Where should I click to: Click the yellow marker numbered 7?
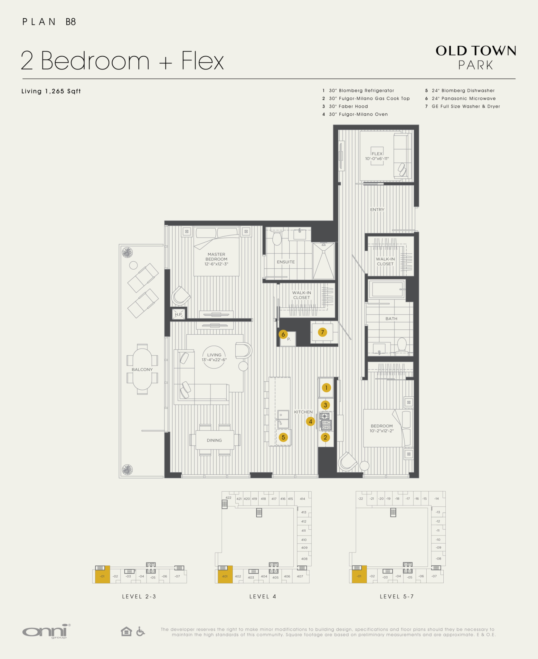click(x=322, y=332)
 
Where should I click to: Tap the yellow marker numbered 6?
click(x=283, y=334)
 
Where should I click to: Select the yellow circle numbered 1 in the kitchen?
click(x=326, y=388)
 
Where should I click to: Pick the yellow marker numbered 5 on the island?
click(x=283, y=437)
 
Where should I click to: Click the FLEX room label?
click(x=377, y=154)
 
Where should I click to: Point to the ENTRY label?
click(x=377, y=209)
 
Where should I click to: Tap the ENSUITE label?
click(x=286, y=262)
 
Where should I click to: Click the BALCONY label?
click(x=142, y=369)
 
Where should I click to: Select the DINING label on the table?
click(x=214, y=440)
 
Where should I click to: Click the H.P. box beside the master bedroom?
click(x=178, y=314)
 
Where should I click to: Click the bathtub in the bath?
click(x=387, y=289)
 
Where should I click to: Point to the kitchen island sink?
click(x=283, y=419)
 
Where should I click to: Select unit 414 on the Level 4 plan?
click(x=302, y=499)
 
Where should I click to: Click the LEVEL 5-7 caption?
click(x=397, y=597)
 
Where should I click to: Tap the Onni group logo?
click(x=46, y=631)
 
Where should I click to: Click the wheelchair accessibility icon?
click(x=140, y=631)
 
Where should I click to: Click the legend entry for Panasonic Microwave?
click(x=460, y=98)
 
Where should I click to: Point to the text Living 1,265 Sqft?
click(x=51, y=91)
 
